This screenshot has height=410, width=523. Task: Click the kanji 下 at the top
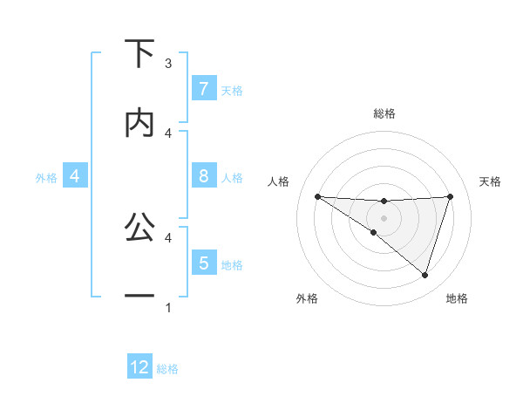pos(139,54)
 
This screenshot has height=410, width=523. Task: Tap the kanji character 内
pos(139,124)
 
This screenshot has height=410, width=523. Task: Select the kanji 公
pos(139,227)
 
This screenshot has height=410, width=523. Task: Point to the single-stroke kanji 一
pos(139,297)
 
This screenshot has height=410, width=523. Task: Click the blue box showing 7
pos(203,89)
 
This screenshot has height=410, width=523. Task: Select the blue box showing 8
pos(203,176)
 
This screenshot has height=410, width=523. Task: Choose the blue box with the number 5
pos(203,263)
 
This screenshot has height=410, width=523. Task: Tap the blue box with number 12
pos(139,367)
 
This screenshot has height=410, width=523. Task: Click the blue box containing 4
pos(75,177)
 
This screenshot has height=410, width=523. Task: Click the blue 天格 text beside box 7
pos(232,90)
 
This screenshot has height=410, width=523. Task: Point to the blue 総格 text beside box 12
pos(167,369)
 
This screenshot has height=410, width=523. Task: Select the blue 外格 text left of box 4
pos(46,178)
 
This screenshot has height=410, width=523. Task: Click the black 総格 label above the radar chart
pos(384,113)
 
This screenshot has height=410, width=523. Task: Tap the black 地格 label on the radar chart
pos(457,299)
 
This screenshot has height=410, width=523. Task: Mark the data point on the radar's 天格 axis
pos(450,196)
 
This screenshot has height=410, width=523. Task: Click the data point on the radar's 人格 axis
pos(317,196)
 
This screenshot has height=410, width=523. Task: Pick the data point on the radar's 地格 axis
pos(425,275)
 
